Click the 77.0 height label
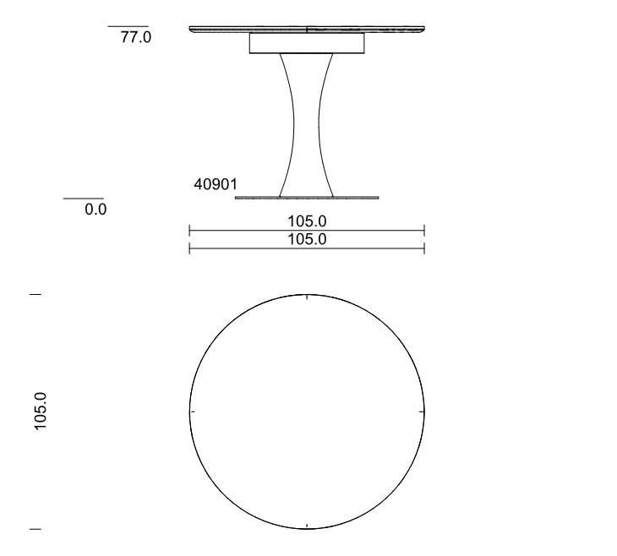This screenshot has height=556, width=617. tap(136, 38)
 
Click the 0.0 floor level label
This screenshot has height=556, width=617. tap(96, 210)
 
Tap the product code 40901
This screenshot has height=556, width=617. tap(216, 184)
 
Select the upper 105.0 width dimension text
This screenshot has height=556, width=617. tap(307, 221)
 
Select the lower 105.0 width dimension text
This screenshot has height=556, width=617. tap(307, 239)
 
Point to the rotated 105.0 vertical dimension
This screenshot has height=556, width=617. tap(41, 412)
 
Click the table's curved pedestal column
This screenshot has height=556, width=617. tap(306, 127)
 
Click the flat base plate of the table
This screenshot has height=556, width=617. tap(306, 198)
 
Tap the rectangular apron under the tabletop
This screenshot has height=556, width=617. tap(307, 44)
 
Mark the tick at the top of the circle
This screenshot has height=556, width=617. tap(307, 296)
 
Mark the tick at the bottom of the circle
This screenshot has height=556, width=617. tap(307, 526)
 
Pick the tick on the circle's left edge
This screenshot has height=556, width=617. tap(193, 412)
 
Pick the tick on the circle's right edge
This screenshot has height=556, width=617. tap(421, 412)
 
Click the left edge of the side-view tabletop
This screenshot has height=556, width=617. tap(192, 29)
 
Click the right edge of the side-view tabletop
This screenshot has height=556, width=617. tap(422, 29)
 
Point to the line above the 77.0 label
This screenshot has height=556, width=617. tap(128, 26)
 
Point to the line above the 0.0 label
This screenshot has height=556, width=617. tap(84, 199)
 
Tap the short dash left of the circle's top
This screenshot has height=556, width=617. tap(35, 294)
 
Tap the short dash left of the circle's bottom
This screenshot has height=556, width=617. tap(35, 529)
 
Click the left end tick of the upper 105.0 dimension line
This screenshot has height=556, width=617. tap(189, 230)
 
